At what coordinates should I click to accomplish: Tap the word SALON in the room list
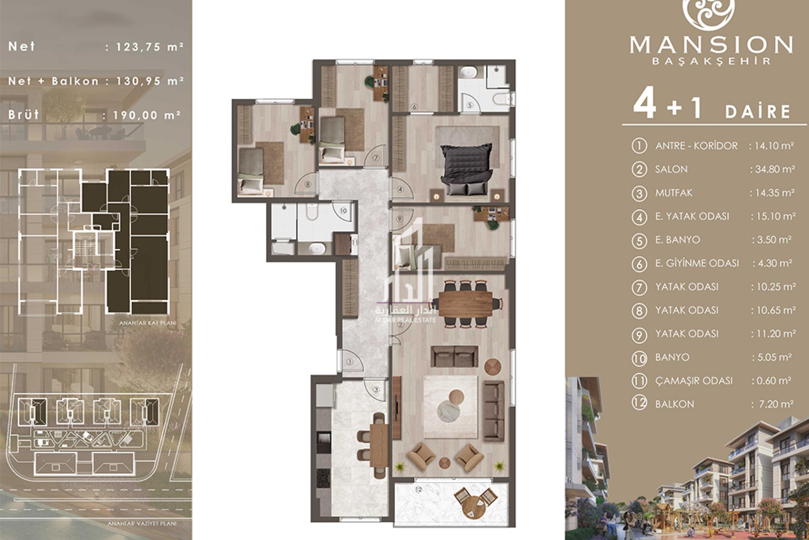[671, 170]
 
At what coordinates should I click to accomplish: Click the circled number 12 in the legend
[639, 404]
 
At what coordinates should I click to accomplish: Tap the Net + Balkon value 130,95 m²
[144, 81]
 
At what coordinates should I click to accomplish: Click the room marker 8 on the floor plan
[308, 184]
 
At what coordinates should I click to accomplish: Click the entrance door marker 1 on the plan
[350, 362]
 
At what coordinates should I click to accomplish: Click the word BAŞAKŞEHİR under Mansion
[711, 61]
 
